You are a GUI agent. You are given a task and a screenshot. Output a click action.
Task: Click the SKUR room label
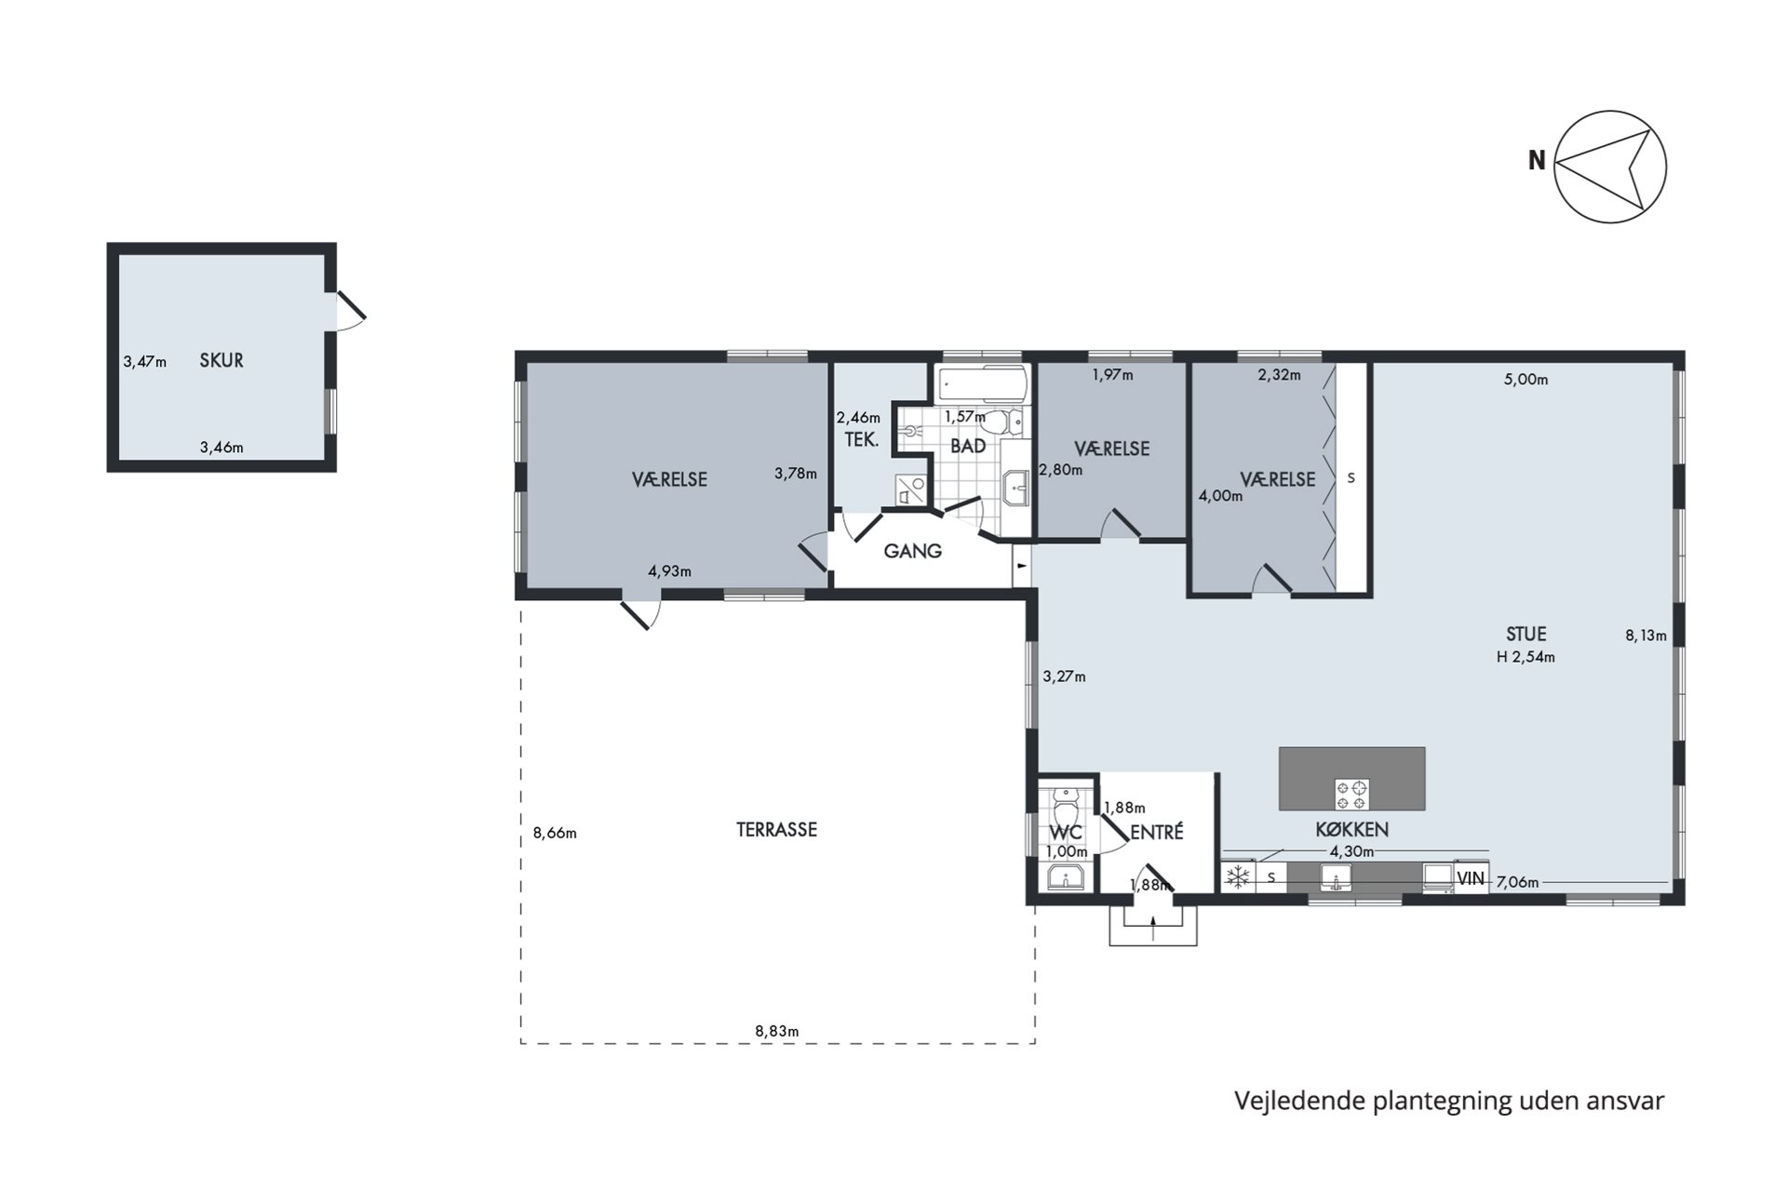[222, 360]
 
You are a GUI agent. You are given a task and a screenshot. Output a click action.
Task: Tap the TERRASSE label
[776, 829]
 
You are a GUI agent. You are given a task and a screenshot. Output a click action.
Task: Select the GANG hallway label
[912, 551]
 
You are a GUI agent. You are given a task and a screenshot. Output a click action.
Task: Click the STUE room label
[1525, 634]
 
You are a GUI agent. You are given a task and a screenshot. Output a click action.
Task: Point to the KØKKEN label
[1351, 829]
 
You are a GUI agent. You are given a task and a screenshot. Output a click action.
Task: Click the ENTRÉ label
[1156, 832]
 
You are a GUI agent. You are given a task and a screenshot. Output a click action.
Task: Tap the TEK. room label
[861, 439]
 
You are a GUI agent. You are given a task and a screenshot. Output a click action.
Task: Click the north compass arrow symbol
[1610, 167]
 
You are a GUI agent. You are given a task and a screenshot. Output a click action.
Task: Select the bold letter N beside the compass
[1537, 161]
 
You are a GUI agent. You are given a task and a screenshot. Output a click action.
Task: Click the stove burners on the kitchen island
[1351, 795]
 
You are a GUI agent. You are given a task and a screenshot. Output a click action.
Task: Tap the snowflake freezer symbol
[1238, 877]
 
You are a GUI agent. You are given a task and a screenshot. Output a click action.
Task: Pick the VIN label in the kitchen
[1471, 877]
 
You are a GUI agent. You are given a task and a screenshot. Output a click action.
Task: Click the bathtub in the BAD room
[982, 381]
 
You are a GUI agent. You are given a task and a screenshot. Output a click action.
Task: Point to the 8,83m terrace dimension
[776, 1031]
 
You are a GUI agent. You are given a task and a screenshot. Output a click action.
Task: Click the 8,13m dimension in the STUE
[1646, 636]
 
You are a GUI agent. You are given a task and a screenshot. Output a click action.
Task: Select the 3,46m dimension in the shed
[222, 448]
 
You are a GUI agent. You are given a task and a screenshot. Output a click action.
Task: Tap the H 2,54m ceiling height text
[1525, 657]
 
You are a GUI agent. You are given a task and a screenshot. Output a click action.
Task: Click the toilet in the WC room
[1066, 807]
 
